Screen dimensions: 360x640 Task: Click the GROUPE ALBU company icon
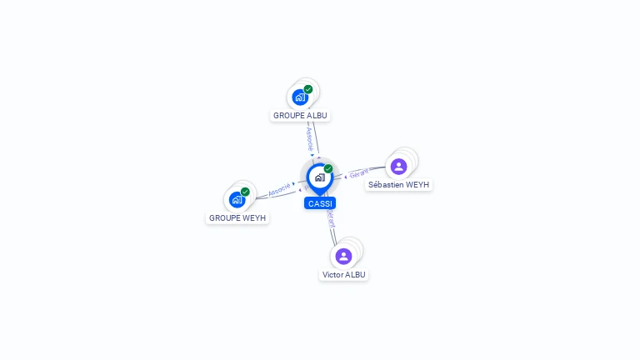click(x=301, y=97)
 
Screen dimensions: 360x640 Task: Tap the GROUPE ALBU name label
click(x=301, y=115)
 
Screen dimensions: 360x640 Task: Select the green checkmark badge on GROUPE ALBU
click(x=308, y=89)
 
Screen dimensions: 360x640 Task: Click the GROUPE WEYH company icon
click(x=237, y=199)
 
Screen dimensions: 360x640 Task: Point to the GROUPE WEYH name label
click(x=237, y=217)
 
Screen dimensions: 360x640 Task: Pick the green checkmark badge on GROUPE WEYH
click(x=245, y=192)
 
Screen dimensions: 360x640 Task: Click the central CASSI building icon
click(x=319, y=177)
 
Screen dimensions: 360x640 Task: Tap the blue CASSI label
click(x=320, y=203)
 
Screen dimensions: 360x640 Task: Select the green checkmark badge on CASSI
click(x=328, y=169)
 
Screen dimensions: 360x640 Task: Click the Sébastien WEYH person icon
click(x=399, y=166)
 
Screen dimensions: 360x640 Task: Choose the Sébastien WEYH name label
click(x=399, y=184)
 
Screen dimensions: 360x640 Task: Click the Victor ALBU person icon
click(x=343, y=256)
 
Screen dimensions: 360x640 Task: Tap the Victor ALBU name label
click(x=344, y=274)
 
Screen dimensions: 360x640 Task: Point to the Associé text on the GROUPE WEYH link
click(x=279, y=188)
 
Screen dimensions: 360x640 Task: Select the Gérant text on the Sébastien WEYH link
click(x=359, y=173)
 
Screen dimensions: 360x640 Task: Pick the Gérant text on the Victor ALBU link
click(x=331, y=219)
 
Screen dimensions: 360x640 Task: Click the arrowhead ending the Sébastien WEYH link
click(x=345, y=177)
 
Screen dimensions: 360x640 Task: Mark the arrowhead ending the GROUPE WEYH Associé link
click(x=294, y=183)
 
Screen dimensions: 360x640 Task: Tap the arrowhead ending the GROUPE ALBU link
click(x=312, y=155)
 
